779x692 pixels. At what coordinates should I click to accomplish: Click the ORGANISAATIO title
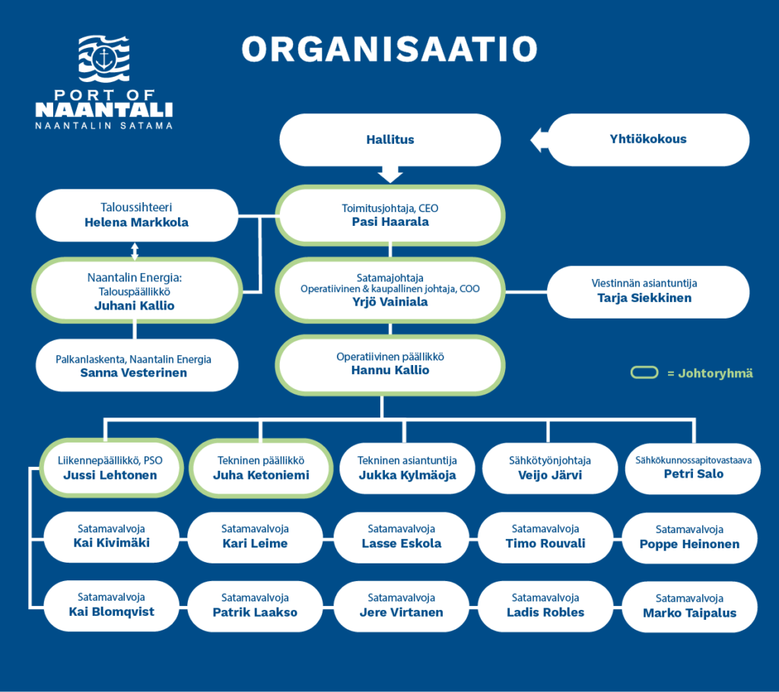pyautogui.click(x=389, y=49)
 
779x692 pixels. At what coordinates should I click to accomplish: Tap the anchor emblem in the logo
pyautogui.click(x=103, y=59)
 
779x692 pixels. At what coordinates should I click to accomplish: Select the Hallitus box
pyautogui.click(x=390, y=140)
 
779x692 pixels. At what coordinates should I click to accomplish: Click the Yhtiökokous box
pyautogui.click(x=648, y=139)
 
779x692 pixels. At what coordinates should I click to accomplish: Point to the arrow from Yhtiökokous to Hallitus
pyautogui.click(x=539, y=140)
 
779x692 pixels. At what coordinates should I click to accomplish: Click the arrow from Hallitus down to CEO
pyautogui.click(x=390, y=174)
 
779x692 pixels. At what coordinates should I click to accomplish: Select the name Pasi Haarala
pyautogui.click(x=390, y=222)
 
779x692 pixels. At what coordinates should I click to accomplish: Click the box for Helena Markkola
pyautogui.click(x=137, y=215)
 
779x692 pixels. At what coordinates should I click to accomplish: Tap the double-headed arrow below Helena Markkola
pyautogui.click(x=135, y=252)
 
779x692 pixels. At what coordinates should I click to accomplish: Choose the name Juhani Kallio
pyautogui.click(x=134, y=306)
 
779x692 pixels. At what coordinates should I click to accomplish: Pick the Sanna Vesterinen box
pyautogui.click(x=137, y=365)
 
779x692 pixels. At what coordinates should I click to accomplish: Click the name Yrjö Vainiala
pyautogui.click(x=390, y=302)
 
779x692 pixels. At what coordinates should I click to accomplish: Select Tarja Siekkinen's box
pyautogui.click(x=648, y=291)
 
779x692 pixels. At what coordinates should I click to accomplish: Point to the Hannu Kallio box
pyautogui.click(x=390, y=364)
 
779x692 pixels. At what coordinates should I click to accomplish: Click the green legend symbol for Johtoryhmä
pyautogui.click(x=644, y=373)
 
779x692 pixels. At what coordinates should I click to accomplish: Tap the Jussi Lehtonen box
pyautogui.click(x=111, y=468)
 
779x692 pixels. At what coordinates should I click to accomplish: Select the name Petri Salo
pyautogui.click(x=694, y=474)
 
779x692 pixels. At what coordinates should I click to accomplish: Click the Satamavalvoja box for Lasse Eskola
pyautogui.click(x=402, y=537)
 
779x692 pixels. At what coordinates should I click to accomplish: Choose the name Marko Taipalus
pyautogui.click(x=689, y=613)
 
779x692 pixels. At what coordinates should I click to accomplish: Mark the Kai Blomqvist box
pyautogui.click(x=111, y=605)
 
